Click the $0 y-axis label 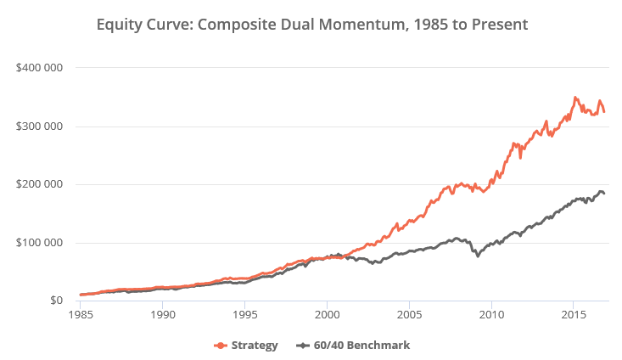(53, 301)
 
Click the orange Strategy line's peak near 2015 (575, 98)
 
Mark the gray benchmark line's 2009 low (478, 256)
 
